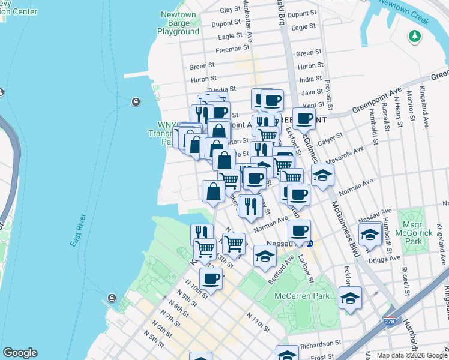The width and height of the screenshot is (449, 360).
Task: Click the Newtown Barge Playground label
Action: (x=178, y=23)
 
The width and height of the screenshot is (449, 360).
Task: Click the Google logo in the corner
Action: (x=20, y=353)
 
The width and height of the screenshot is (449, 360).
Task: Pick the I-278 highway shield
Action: (x=390, y=322)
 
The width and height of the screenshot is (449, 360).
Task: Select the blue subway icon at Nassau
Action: (x=310, y=244)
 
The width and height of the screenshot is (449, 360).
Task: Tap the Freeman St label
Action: (x=232, y=48)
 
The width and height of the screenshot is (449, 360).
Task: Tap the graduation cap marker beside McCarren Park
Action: (x=350, y=297)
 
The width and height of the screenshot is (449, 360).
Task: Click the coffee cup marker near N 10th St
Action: (x=211, y=278)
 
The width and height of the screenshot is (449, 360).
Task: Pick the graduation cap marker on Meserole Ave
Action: (x=322, y=176)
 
